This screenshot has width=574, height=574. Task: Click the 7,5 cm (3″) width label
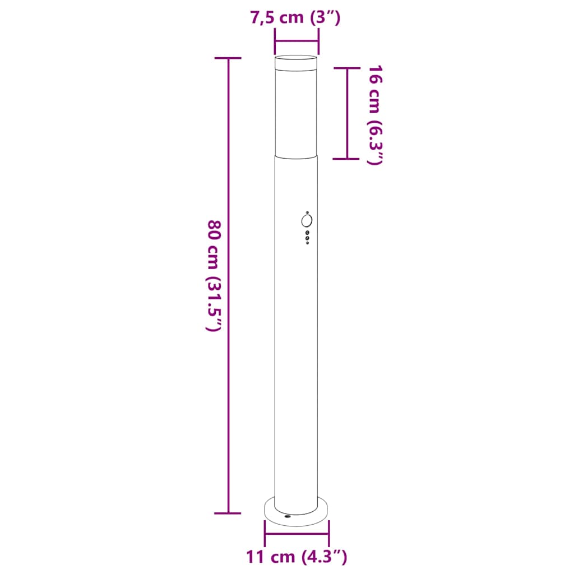coord(295,18)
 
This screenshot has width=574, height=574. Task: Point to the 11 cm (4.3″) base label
coord(297,557)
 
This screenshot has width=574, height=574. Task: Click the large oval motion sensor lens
coord(307,221)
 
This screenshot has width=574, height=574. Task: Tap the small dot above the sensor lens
coord(307,212)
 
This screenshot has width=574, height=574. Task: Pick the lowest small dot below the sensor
coord(307,242)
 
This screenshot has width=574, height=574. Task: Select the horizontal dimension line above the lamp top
coord(297,41)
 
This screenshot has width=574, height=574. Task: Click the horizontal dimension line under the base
coord(297,533)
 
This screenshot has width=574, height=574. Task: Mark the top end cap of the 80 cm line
coord(228,58)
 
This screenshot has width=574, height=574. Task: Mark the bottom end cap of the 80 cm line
coord(228,513)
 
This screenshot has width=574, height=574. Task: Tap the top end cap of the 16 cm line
coord(347,68)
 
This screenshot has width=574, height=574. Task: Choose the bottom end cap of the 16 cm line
coord(347,159)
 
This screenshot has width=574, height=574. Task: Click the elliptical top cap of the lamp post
coord(296,57)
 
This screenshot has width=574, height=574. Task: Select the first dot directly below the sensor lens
coord(307,232)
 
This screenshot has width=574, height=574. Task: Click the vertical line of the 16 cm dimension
coord(347,112)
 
